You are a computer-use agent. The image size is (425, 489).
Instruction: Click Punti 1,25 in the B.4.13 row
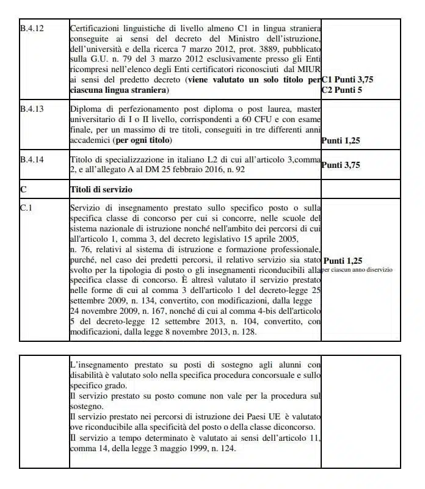click(341, 140)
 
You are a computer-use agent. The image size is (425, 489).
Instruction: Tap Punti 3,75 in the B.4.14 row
click(341, 164)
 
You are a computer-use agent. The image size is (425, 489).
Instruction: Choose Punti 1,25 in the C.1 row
click(344, 259)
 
